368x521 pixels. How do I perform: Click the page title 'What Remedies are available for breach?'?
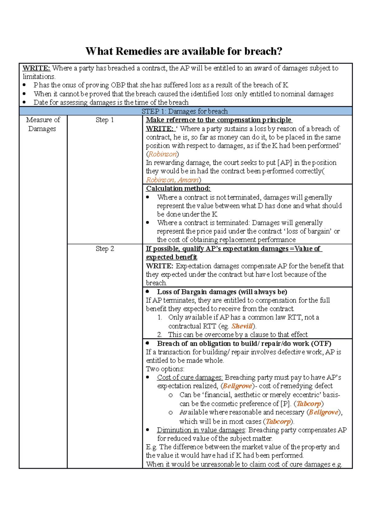coord(184,51)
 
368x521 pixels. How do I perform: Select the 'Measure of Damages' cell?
coord(43,124)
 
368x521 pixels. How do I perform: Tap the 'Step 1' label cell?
coord(105,120)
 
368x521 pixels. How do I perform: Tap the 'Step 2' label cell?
coord(105,249)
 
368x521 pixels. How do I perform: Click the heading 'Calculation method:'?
coord(178,188)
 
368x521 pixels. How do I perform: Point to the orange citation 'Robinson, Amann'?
coord(172,180)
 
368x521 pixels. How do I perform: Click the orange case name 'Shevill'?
coord(242,326)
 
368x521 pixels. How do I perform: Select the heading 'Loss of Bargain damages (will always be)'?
coord(222,292)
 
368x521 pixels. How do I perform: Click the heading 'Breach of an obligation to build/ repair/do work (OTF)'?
coord(244,344)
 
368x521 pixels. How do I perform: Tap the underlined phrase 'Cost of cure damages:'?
coord(190,377)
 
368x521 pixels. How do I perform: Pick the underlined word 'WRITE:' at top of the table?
coord(36,68)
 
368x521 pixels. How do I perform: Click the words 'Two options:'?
coord(165,369)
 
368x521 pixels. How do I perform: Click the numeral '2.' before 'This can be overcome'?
coord(160,335)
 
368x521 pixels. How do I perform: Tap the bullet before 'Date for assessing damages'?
coord(25,102)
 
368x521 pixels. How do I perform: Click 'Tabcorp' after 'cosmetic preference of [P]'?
coord(309,404)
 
